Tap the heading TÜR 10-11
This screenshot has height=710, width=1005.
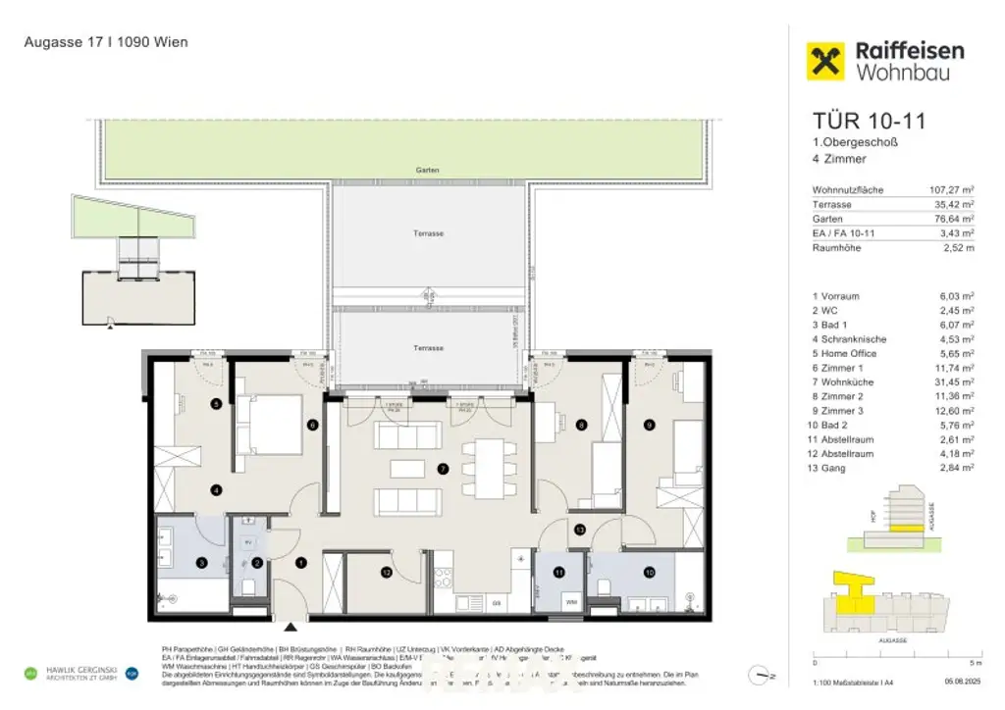pyautogui.click(x=869, y=122)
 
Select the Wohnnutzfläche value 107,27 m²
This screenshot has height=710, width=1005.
pyautogui.click(x=951, y=190)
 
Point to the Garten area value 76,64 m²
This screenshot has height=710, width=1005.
pyautogui.click(x=951, y=219)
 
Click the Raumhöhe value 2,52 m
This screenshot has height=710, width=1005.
pyautogui.click(x=957, y=247)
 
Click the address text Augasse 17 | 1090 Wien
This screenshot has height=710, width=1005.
pyautogui.click(x=106, y=42)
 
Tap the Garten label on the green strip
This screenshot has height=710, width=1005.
pyautogui.click(x=427, y=171)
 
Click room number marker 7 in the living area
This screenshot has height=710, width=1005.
pyautogui.click(x=443, y=470)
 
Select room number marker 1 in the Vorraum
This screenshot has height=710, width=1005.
pyautogui.click(x=301, y=562)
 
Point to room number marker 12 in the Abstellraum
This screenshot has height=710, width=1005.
pyautogui.click(x=387, y=572)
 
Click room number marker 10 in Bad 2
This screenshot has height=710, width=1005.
pyautogui.click(x=648, y=572)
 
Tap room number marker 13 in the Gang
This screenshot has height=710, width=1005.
pyautogui.click(x=580, y=530)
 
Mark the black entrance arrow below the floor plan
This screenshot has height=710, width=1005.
pyautogui.click(x=290, y=628)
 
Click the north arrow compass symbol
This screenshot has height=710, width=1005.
pyautogui.click(x=758, y=674)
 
